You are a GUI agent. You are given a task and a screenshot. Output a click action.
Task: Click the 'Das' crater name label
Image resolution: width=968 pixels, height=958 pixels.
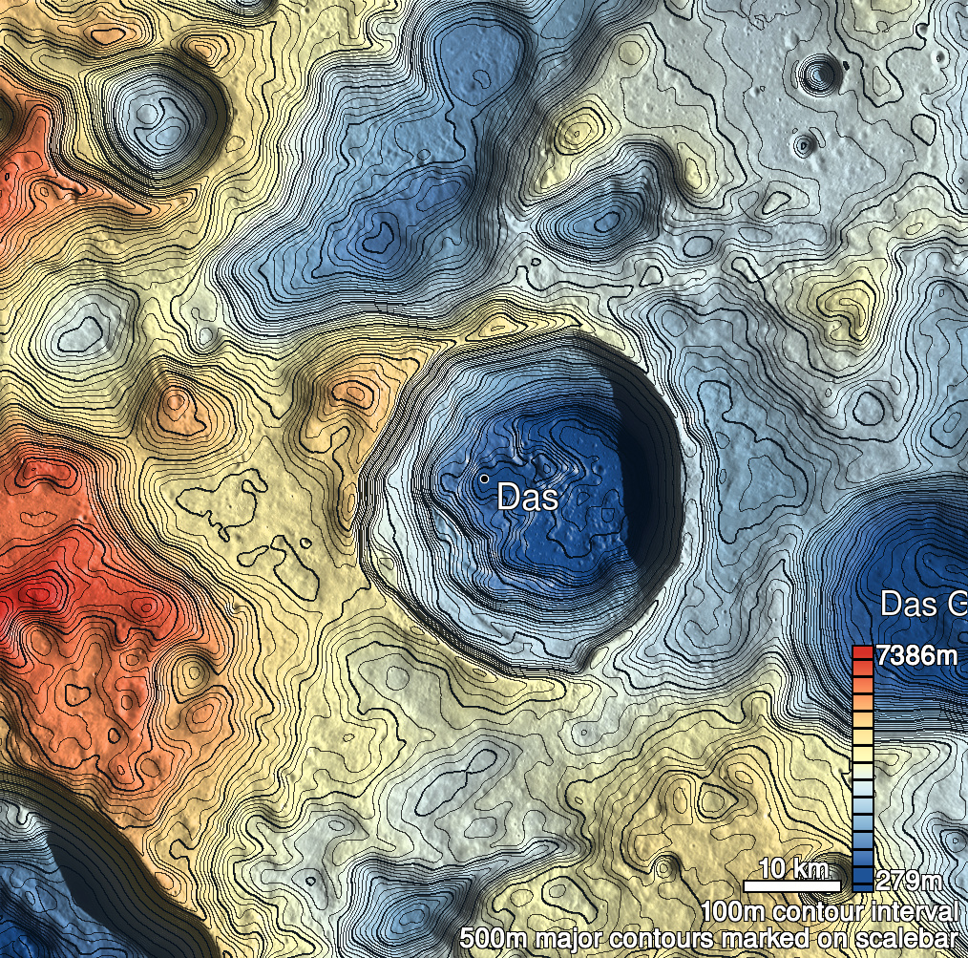click(x=527, y=497)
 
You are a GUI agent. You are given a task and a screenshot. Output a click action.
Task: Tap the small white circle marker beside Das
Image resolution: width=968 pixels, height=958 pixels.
click(x=484, y=478)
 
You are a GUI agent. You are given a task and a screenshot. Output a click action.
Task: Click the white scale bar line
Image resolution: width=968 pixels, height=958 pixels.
click(x=791, y=886)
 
